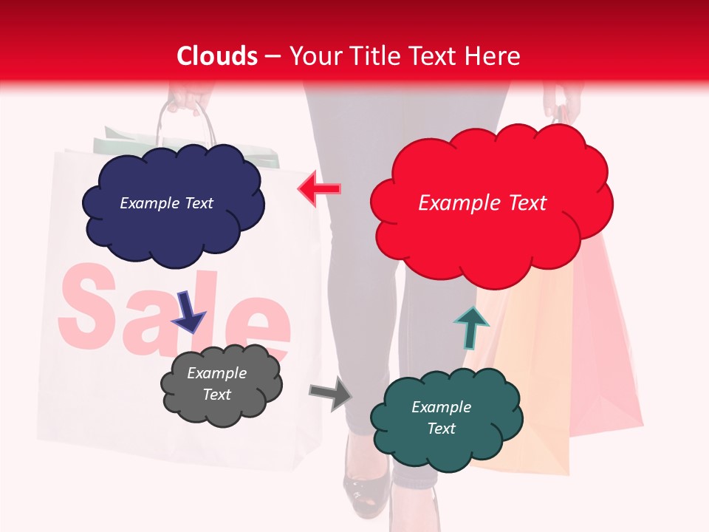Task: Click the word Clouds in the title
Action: click(x=217, y=56)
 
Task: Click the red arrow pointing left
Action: click(x=319, y=190)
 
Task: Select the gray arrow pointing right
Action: click(x=331, y=392)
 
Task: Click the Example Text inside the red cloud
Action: click(x=482, y=203)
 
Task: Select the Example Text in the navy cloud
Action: click(x=166, y=203)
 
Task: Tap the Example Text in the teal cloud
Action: click(x=441, y=417)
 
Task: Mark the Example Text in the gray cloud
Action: click(x=216, y=383)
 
